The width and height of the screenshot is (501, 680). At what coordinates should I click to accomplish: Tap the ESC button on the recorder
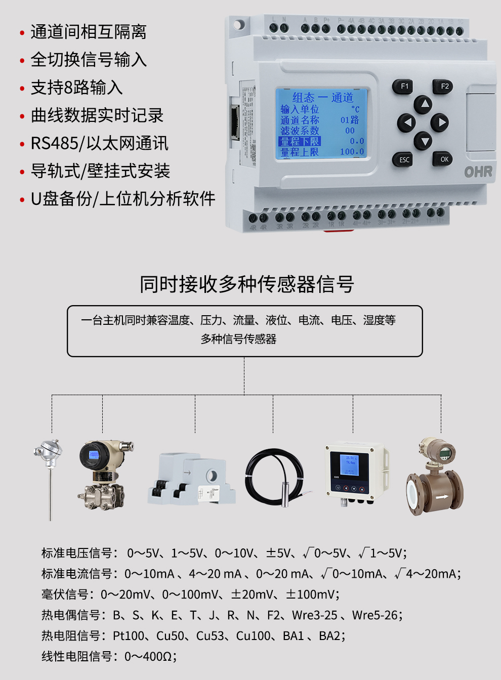pos(404,160)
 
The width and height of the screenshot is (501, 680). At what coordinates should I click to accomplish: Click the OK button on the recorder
pos(444,159)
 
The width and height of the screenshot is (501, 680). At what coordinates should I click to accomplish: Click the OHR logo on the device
pos(478,172)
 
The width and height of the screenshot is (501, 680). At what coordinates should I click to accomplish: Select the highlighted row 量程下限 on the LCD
pos(300,142)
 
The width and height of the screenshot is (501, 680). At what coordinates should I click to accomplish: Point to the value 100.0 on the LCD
pos(352,152)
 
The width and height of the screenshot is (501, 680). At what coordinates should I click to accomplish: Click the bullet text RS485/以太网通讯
pos(99,144)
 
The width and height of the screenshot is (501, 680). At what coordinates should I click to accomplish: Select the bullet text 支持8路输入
pos(76,88)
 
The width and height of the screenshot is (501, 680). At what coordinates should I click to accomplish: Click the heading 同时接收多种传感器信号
pos(247,284)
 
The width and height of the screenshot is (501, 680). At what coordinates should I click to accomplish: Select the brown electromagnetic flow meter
pos(436,478)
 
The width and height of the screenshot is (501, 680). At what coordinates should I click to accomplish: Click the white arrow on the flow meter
pos(442,497)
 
